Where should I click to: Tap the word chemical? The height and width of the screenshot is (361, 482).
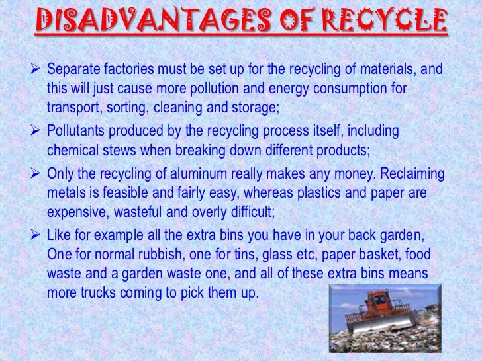point(73,151)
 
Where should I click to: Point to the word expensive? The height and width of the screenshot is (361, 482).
point(77,212)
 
